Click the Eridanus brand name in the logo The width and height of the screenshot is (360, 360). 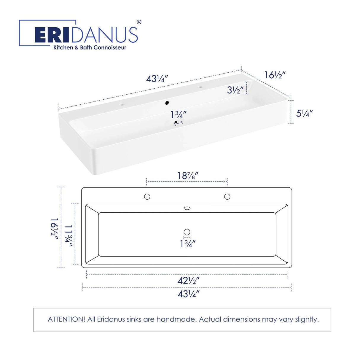click(86, 35)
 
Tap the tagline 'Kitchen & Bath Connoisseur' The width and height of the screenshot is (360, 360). click(90, 47)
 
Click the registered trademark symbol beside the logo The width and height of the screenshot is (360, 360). click(139, 22)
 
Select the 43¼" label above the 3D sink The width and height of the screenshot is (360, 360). click(157, 79)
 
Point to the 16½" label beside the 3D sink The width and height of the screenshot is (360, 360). click(275, 75)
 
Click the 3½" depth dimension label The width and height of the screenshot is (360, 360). click(235, 90)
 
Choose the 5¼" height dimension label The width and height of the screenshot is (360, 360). click(304, 113)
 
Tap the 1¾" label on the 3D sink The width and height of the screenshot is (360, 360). click(178, 114)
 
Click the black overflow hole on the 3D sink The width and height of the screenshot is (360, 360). click(167, 103)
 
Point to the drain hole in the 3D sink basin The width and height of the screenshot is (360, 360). click(176, 122)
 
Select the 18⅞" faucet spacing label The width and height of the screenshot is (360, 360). click(187, 176)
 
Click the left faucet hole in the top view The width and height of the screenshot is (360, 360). click(147, 197)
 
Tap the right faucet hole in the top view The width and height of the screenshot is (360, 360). click(227, 197)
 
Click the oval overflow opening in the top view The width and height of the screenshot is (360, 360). click(187, 208)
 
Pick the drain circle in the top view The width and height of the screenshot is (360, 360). click(187, 232)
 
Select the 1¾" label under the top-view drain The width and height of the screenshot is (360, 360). click(188, 244)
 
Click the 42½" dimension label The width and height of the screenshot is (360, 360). click(188, 280)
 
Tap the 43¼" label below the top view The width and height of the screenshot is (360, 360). click(188, 294)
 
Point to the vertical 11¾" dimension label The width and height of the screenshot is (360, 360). click(69, 234)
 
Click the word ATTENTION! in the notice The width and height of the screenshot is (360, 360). click(66, 319)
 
